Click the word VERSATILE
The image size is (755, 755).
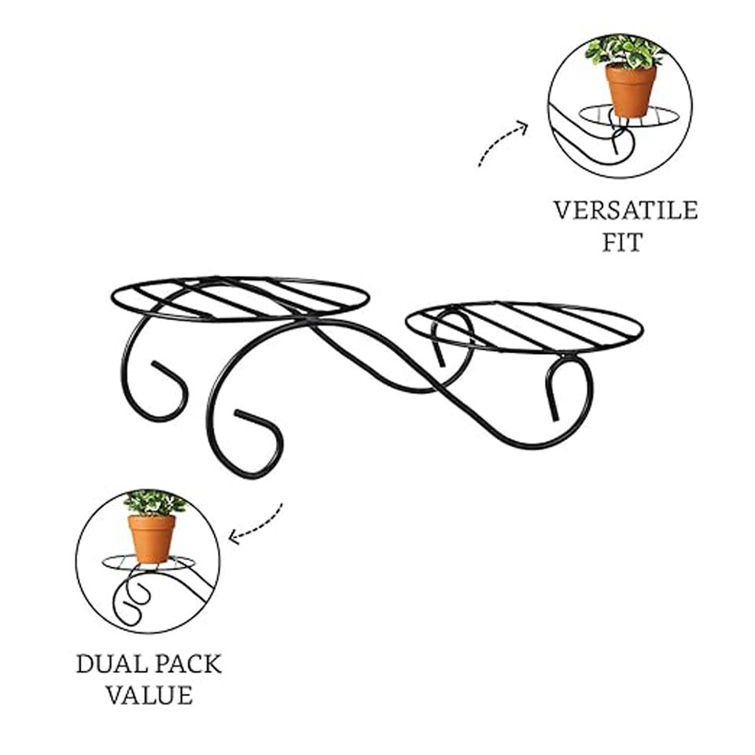(x=625, y=211)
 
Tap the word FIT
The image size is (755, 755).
(x=623, y=242)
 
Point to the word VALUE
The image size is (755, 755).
(x=149, y=695)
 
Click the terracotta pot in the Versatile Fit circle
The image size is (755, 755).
(x=630, y=90)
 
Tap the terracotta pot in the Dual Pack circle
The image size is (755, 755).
(x=152, y=538)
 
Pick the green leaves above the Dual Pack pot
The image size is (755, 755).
(x=154, y=502)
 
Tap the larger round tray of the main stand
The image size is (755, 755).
(x=240, y=299)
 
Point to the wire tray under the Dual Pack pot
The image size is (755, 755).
(x=118, y=563)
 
